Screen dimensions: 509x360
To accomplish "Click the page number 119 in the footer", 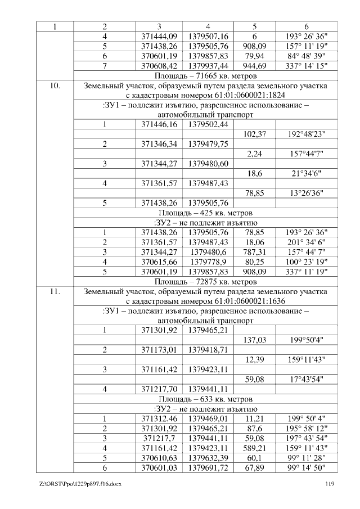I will coord(330,484).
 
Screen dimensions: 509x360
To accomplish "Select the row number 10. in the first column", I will coord(55,87).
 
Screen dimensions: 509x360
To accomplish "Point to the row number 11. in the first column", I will coord(55,291).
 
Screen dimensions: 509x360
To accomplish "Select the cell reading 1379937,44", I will coord(208,66).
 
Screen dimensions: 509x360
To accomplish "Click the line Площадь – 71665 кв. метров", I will coord(205,75).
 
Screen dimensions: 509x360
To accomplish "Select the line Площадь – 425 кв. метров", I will coord(205,213).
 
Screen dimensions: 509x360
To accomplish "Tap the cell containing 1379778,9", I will coord(208,262).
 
